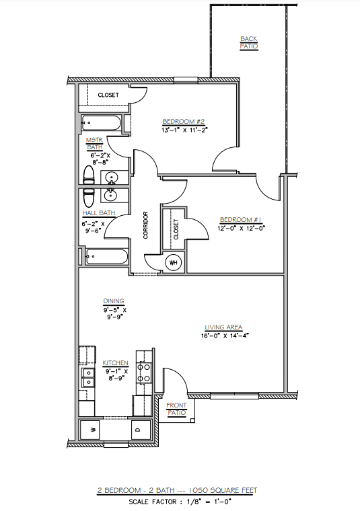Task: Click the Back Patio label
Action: (249, 42)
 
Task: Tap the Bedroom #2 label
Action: (178, 121)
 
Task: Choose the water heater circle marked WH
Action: (173, 262)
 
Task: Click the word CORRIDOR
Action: (145, 226)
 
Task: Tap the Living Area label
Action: (223, 327)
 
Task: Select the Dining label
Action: (113, 301)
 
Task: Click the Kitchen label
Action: (115, 363)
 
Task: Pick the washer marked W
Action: (92, 429)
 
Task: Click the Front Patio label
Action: (176, 409)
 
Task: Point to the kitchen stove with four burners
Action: (143, 373)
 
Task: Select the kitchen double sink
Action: (87, 376)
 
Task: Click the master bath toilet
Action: (87, 176)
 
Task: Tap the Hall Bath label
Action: (98, 214)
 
